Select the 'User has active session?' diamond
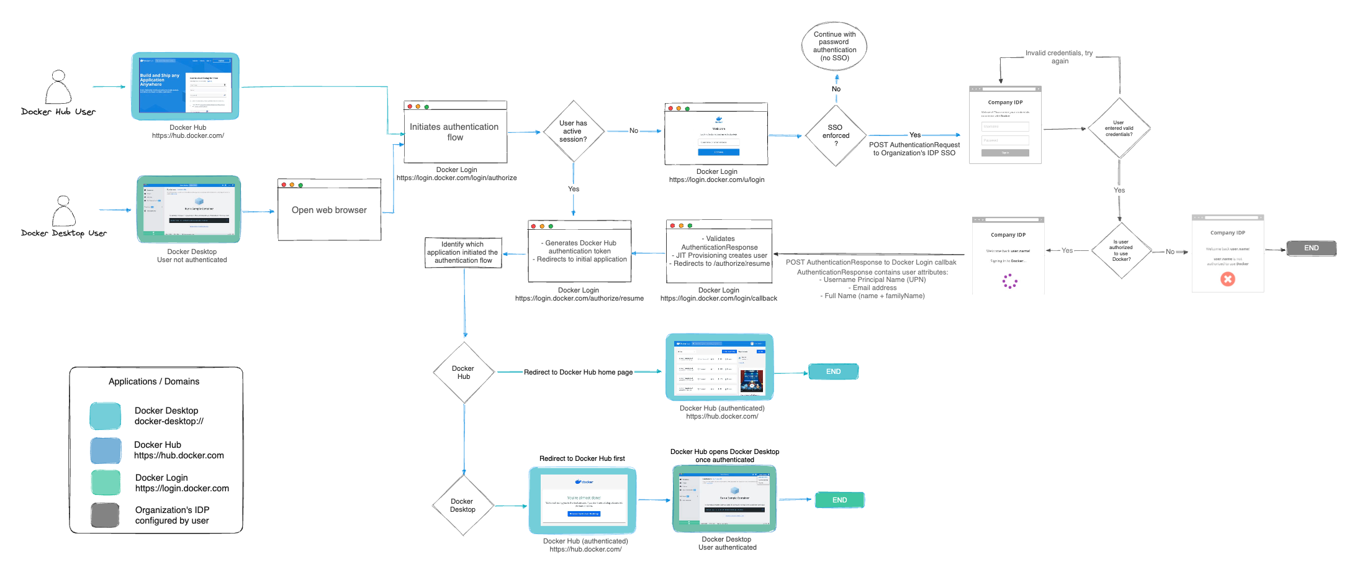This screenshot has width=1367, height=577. [573, 131]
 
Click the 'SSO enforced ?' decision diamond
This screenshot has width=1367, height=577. [836, 135]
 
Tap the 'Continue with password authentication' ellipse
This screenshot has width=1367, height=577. [834, 46]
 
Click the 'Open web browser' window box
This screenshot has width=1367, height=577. [329, 211]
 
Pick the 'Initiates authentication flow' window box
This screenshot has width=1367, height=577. [455, 132]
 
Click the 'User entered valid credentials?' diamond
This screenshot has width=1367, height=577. [1119, 129]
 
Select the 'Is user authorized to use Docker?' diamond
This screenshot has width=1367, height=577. [1121, 251]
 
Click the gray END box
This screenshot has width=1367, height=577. [1311, 248]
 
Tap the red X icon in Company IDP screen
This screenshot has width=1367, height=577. [1227, 279]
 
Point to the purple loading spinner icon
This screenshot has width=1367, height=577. [1009, 282]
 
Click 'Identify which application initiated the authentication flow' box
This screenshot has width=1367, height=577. [463, 252]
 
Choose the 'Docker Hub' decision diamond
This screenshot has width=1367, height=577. [464, 372]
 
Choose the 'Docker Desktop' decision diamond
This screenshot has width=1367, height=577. [462, 505]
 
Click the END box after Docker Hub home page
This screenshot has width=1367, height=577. [833, 371]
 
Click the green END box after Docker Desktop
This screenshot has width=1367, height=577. [839, 500]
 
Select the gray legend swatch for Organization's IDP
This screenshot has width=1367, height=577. [105, 515]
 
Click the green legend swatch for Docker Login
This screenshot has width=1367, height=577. [106, 483]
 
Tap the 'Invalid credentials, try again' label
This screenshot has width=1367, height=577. [1059, 57]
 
